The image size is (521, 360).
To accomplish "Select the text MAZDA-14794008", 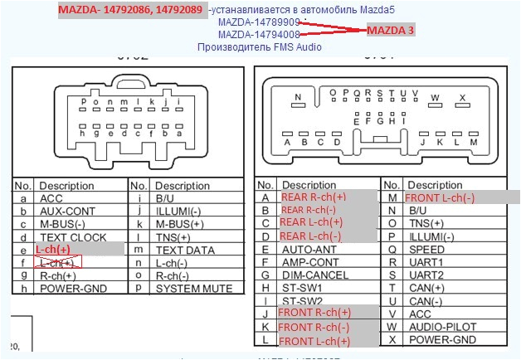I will coord(259,35).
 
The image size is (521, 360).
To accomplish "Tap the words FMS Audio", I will coord(294,47).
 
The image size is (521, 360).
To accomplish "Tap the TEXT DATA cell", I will coord(187,249).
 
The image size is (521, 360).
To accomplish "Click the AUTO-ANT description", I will coord(310,248).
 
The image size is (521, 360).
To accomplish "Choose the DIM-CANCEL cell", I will coord(314,275).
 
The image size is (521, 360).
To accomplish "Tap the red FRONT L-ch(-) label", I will coord(440,197).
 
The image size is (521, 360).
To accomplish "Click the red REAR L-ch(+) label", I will coord(311,222).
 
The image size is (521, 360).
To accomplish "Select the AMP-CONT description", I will coord(312,261).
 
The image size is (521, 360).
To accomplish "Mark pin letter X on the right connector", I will coord(463,98).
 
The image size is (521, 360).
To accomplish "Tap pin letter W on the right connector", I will coord(435,98).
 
